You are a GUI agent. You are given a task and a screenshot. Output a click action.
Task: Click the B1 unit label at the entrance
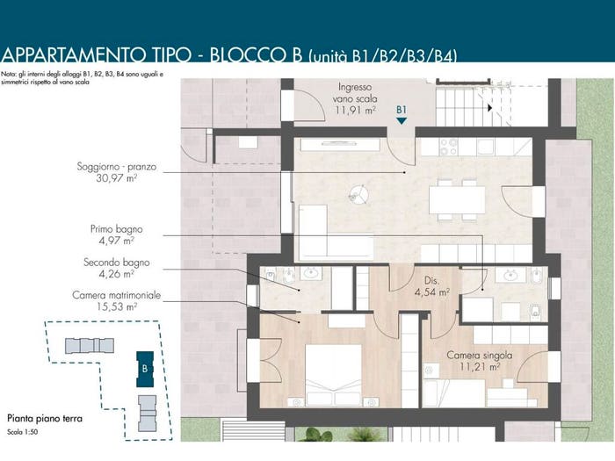pos(402,110)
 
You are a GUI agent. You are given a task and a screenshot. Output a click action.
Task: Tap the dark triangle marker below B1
pos(402,121)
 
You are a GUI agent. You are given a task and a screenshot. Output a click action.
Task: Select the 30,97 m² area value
pos(117,178)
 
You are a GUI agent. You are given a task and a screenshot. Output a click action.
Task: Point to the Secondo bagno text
pos(117,263)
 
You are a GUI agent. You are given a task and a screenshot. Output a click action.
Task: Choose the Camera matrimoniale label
pos(117,295)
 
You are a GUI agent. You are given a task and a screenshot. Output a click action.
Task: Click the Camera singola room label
pos(480,355)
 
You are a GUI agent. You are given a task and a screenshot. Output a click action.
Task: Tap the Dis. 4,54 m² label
pos(432,286)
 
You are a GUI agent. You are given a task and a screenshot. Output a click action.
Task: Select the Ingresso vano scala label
pos(355,93)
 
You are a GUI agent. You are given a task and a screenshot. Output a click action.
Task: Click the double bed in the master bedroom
pos(333,375)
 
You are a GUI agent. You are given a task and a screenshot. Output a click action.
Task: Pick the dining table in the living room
pos(457,200)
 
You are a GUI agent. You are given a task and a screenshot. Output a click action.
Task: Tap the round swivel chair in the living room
pos(358,194)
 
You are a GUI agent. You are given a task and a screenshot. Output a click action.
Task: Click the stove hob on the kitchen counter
pos(449,148)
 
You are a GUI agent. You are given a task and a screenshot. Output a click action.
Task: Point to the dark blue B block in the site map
pos(145,369)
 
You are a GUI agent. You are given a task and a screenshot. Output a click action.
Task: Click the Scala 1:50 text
pos(22,432)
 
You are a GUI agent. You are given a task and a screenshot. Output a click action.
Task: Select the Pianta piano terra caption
pos(45,419)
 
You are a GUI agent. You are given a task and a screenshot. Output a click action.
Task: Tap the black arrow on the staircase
pos(489,107)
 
